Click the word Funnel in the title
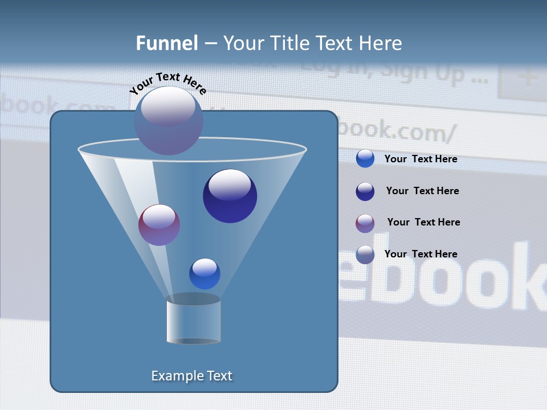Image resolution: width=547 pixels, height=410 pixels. point(167,43)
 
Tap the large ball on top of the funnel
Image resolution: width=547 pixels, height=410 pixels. point(168,120)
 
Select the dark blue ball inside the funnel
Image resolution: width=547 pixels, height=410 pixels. point(230,196)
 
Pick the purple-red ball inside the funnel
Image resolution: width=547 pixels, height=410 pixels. point(159,225)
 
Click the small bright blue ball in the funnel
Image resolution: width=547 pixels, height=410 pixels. point(205,273)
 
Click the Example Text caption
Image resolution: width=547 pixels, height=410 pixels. point(191,376)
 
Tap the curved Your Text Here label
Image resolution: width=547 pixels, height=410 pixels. point(168,83)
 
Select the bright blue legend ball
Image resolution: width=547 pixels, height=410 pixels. point(365,158)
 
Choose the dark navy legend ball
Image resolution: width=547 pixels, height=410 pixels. point(365,191)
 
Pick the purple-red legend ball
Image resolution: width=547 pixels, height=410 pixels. point(365,223)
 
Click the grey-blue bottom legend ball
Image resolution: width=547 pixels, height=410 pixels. point(365,255)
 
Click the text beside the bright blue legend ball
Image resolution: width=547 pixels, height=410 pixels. point(421,159)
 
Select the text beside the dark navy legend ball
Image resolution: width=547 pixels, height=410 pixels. point(422,191)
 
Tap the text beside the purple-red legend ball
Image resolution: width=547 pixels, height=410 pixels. point(423,222)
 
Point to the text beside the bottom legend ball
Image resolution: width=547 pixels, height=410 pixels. point(421,254)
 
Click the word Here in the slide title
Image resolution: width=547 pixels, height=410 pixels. point(381,43)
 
